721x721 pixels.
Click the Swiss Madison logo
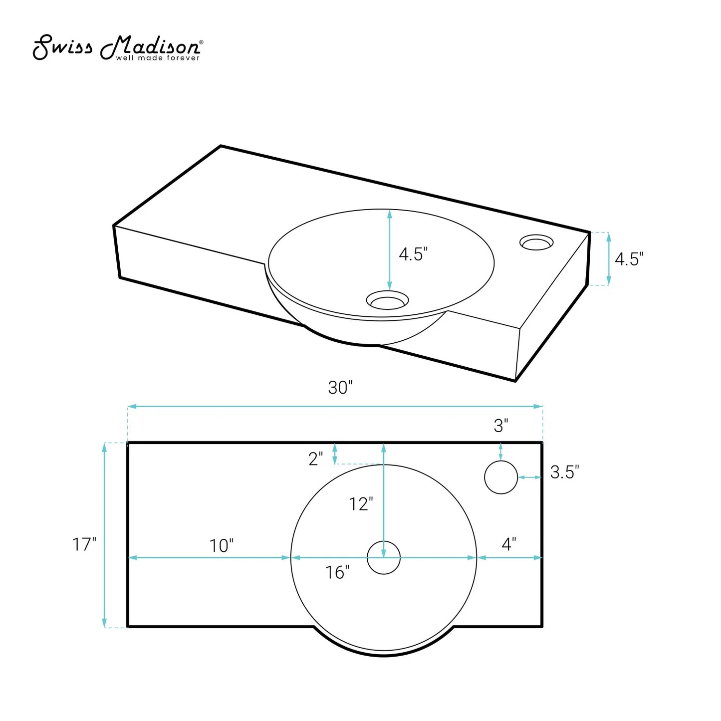[x=117, y=47]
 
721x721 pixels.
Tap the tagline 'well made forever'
[x=158, y=58]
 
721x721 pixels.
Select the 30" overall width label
[x=340, y=388]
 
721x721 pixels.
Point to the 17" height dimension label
[x=84, y=544]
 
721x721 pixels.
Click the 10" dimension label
[x=221, y=546]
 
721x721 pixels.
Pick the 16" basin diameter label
[x=337, y=572]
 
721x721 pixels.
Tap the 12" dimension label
[x=361, y=504]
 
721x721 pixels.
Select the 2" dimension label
[x=315, y=459]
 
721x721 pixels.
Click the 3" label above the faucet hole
[x=501, y=426]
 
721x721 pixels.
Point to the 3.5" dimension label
[x=564, y=472]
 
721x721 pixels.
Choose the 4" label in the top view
[x=508, y=544]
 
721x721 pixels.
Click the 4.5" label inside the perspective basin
[x=413, y=254]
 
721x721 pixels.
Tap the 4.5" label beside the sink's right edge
[x=629, y=259]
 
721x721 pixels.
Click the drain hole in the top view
[x=383, y=558]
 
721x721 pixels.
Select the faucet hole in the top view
[x=501, y=477]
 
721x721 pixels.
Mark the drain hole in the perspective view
[x=387, y=300]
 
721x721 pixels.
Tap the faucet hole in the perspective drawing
[x=536, y=242]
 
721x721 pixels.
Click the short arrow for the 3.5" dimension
[x=530, y=478]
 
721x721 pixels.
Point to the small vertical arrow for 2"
[x=335, y=454]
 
